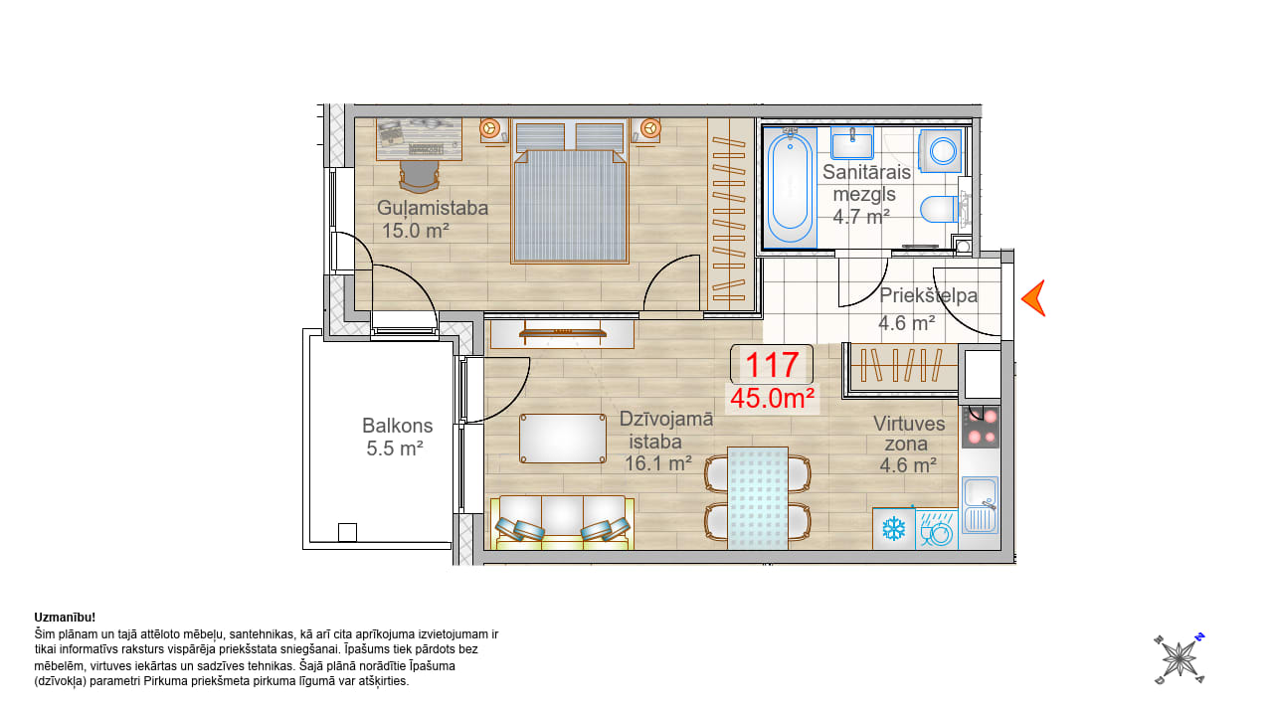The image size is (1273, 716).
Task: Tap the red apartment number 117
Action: pyautogui.click(x=772, y=365)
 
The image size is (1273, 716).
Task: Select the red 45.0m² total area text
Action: pyautogui.click(x=773, y=399)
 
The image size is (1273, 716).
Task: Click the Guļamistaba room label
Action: pyautogui.click(x=433, y=208)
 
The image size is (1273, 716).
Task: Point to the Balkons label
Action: pyautogui.click(x=397, y=426)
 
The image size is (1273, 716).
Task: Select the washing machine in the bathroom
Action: pyautogui.click(x=940, y=150)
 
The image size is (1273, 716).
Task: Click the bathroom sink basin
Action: pyautogui.click(x=852, y=143)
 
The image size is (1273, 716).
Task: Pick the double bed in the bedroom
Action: pyautogui.click(x=570, y=192)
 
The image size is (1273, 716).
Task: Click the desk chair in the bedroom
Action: pyautogui.click(x=420, y=176)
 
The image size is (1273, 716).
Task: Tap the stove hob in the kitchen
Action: pyautogui.click(x=981, y=428)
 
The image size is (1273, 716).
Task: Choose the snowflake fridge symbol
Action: pyautogui.click(x=894, y=529)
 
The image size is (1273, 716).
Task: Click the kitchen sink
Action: pyautogui.click(x=980, y=505)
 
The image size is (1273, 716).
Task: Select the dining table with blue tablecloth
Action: pyautogui.click(x=758, y=498)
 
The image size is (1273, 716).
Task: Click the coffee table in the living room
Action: pyautogui.click(x=563, y=439)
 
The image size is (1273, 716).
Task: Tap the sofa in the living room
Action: pyautogui.click(x=562, y=523)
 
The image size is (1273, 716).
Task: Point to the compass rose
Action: pyautogui.click(x=1180, y=659)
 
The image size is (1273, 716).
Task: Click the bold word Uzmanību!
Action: pyautogui.click(x=65, y=618)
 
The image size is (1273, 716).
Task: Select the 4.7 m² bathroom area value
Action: pyautogui.click(x=861, y=217)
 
